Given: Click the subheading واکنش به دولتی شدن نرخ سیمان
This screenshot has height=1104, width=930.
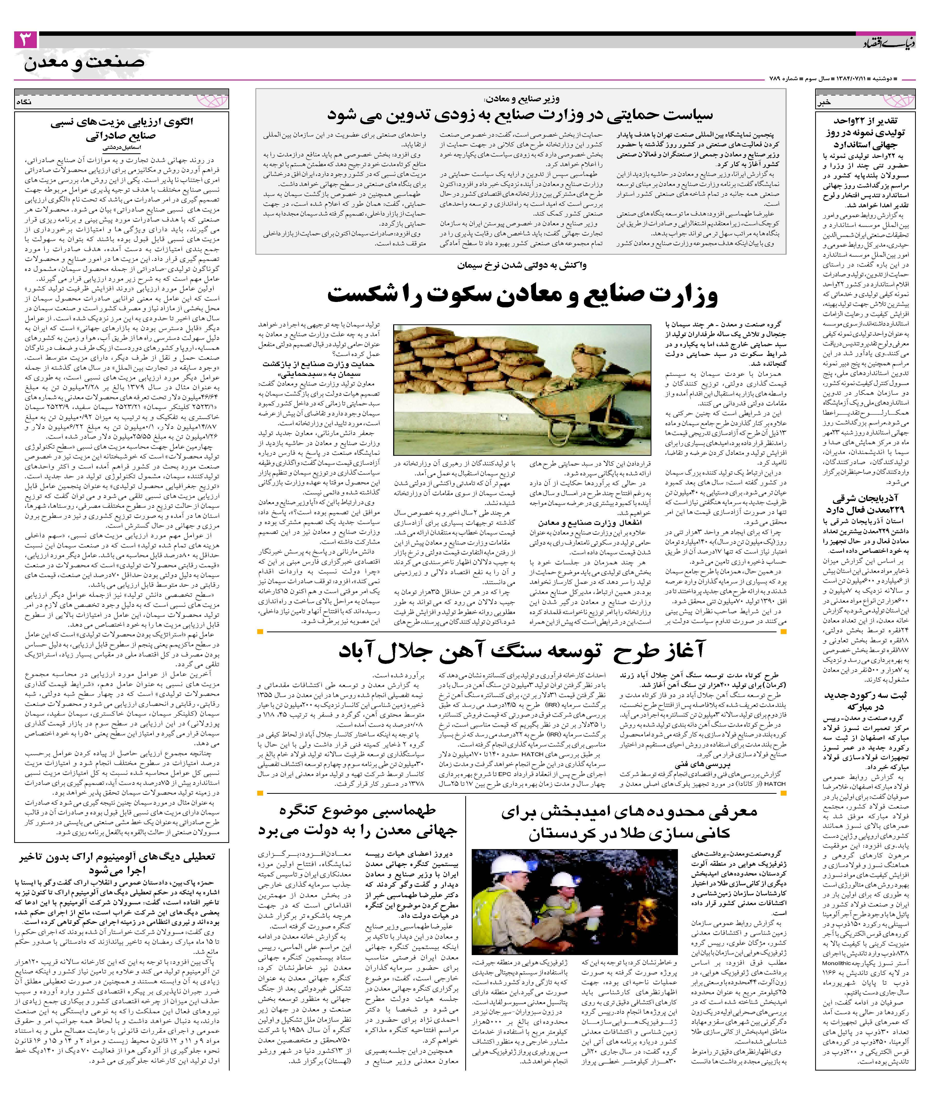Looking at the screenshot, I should [522, 265].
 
